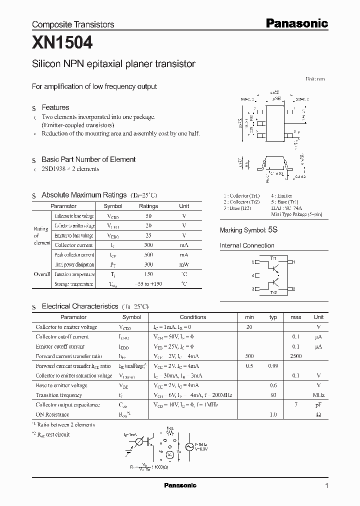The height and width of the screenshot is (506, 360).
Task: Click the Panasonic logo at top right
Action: tap(296, 23)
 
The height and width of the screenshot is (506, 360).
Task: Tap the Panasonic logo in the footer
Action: tap(180, 485)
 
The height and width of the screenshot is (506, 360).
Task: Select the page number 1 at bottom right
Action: tap(326, 485)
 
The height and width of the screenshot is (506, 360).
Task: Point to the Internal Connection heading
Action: tap(247, 245)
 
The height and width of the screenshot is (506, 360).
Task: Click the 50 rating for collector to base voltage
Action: tap(148, 216)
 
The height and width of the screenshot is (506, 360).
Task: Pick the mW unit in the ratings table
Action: tap(184, 264)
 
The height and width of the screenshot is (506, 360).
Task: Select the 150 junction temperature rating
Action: tap(148, 274)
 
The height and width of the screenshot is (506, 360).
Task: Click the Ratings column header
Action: tap(148, 206)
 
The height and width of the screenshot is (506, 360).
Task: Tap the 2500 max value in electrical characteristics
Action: tap(296, 356)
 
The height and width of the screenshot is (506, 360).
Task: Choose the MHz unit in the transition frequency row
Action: tap(318, 395)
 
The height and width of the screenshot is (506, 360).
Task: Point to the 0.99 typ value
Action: tap(273, 366)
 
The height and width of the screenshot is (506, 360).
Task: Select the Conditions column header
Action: tap(193, 317)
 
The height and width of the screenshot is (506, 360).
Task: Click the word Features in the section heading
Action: tap(55, 107)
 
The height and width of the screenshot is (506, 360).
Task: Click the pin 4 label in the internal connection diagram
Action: tap(253, 275)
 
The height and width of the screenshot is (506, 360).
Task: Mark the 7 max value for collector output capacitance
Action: tap(296, 404)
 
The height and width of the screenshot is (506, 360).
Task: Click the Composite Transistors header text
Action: tap(73, 24)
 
